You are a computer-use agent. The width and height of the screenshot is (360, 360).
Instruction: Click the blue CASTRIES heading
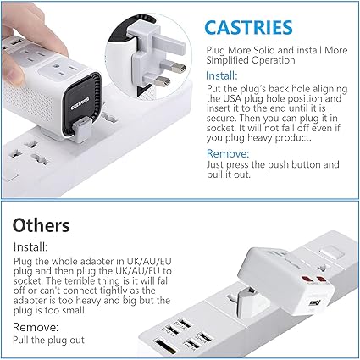tap(248, 28)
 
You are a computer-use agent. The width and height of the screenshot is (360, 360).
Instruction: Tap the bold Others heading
tap(41, 225)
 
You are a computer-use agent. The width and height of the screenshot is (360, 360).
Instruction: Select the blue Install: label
tap(222, 75)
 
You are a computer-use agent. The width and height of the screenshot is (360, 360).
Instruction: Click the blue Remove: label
tap(228, 153)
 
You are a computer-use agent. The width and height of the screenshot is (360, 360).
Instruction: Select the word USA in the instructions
tap(228, 98)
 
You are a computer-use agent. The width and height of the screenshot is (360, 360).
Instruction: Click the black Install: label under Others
tap(30, 247)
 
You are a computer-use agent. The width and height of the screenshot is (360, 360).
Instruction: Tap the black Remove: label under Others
tap(36, 328)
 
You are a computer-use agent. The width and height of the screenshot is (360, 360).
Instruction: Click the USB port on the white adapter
tap(313, 303)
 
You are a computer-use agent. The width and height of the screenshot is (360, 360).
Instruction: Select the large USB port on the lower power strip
tap(166, 346)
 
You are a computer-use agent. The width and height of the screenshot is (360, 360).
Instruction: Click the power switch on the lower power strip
tap(330, 252)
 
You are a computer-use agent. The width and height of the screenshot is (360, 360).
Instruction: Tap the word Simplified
tap(228, 60)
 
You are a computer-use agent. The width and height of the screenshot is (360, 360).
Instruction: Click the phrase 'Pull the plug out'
tap(48, 340)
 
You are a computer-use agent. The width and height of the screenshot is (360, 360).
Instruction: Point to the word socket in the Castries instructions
tap(221, 128)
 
